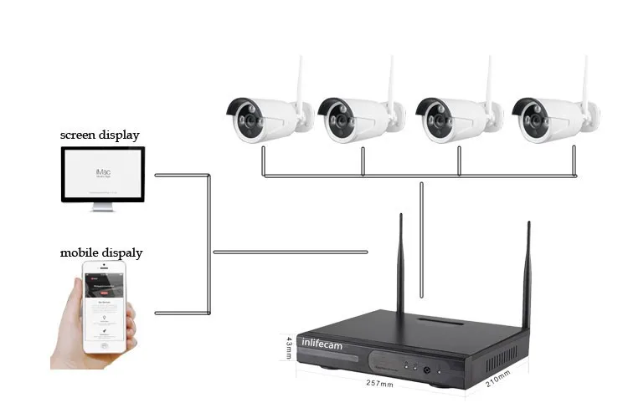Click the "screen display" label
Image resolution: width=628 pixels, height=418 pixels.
click(99, 134)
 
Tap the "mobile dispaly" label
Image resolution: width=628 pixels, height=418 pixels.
click(100, 252)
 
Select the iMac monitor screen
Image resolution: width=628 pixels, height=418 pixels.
click(102, 174)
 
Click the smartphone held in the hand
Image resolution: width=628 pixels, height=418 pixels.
click(106, 305)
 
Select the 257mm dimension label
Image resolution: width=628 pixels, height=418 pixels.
click(379, 385)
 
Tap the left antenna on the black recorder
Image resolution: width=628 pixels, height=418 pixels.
click(400, 263)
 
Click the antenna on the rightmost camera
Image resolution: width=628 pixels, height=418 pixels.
click(586, 79)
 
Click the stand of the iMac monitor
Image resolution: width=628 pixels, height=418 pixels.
click(102, 206)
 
